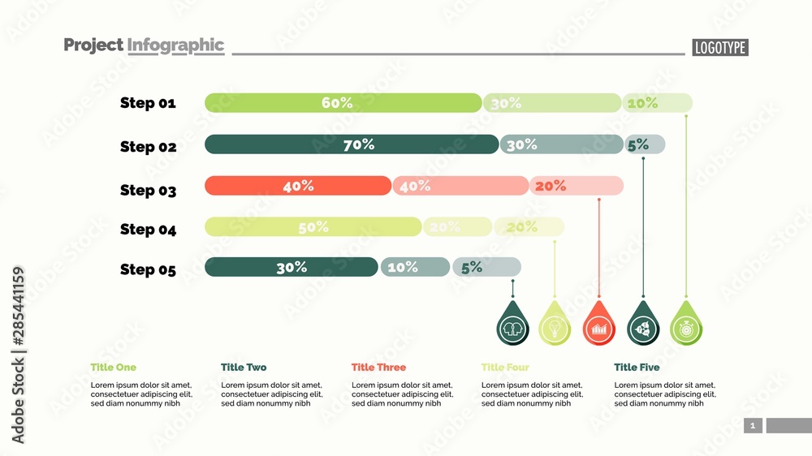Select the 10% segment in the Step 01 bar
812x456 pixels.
pyautogui.click(x=657, y=103)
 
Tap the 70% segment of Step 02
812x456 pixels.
pyautogui.click(x=352, y=144)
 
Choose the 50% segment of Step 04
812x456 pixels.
pyautogui.click(x=313, y=227)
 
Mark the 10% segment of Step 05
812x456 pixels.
pyautogui.click(x=414, y=267)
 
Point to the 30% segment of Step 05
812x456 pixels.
pyautogui.click(x=291, y=267)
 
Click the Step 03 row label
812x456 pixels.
pyautogui.click(x=148, y=190)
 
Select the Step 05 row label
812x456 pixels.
pyautogui.click(x=148, y=269)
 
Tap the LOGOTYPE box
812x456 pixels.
pyautogui.click(x=719, y=48)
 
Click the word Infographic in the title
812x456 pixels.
pyautogui.click(x=175, y=45)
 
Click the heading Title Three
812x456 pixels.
pyautogui.click(x=378, y=368)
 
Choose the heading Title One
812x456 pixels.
pyautogui.click(x=114, y=368)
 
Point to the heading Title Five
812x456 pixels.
pyautogui.click(x=637, y=368)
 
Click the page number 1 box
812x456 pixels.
pyautogui.click(x=753, y=425)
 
